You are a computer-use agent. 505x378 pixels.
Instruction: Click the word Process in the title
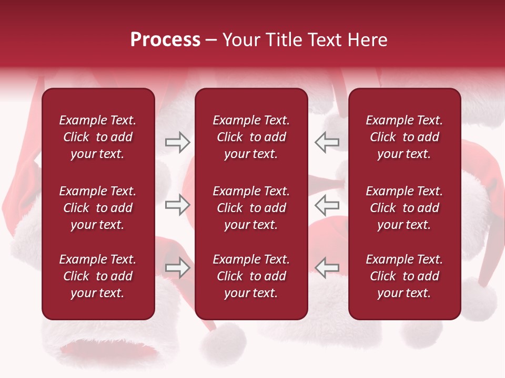[x=165, y=40]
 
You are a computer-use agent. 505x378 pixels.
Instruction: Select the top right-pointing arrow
[x=177, y=142]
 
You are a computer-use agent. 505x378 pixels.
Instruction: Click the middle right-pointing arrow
[x=177, y=205]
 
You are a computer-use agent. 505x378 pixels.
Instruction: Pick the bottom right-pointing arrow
[x=177, y=268]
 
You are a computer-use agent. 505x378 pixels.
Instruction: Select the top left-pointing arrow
[x=327, y=142]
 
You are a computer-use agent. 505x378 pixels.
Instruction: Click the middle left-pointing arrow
[x=327, y=205]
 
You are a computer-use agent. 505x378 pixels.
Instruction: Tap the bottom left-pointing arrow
[x=327, y=268]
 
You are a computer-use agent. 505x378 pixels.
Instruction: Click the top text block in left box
[x=98, y=137]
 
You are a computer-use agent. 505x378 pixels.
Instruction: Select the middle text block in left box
[x=98, y=208]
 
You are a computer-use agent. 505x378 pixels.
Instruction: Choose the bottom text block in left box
[x=98, y=276]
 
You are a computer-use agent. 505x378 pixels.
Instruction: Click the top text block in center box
[x=251, y=137]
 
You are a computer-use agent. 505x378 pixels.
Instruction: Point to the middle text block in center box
[x=251, y=208]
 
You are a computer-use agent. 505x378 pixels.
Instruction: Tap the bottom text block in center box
[x=251, y=276]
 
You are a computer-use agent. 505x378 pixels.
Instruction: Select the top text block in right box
[x=404, y=137]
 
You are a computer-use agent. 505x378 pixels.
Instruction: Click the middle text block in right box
[x=404, y=208]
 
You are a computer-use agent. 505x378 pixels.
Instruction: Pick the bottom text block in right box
[x=404, y=276]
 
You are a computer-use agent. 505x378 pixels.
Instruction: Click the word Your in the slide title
[x=241, y=40]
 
